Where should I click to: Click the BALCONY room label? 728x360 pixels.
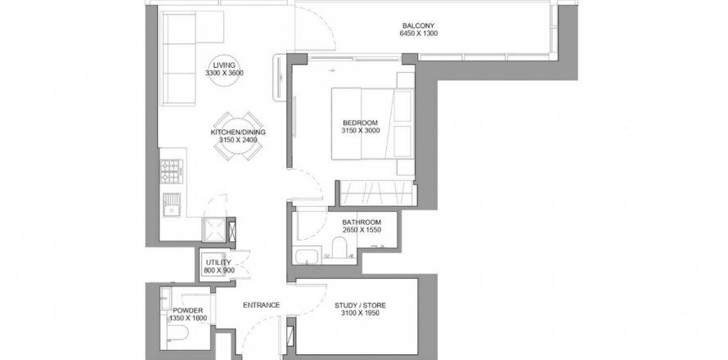(x=418, y=26)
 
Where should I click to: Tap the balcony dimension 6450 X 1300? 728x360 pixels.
(x=418, y=34)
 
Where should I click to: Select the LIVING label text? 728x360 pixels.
(x=224, y=65)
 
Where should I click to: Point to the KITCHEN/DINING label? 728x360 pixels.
(x=238, y=133)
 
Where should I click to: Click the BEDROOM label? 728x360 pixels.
(x=360, y=123)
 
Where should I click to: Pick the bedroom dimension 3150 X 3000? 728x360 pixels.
(x=360, y=131)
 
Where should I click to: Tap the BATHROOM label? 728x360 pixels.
(x=362, y=223)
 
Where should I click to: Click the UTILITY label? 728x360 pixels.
(x=218, y=263)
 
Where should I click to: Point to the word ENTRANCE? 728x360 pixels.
(x=262, y=305)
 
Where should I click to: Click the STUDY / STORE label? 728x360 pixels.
(x=360, y=306)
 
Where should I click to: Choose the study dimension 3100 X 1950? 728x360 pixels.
(x=360, y=313)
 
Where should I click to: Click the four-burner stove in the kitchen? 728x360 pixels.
(x=171, y=171)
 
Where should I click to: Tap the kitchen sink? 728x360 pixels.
(x=172, y=205)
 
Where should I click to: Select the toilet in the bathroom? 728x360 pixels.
(x=339, y=247)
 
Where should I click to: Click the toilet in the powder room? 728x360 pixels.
(x=178, y=333)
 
